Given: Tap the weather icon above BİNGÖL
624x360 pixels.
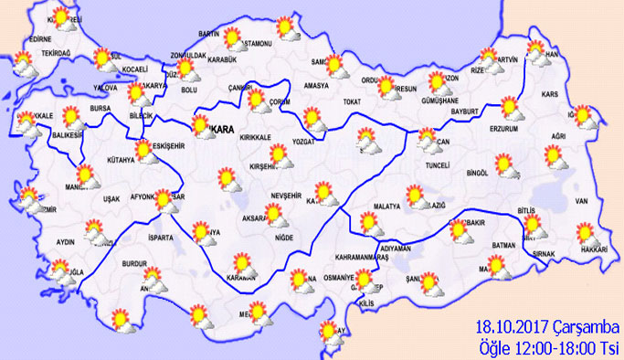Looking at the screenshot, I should (x=505, y=165).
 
